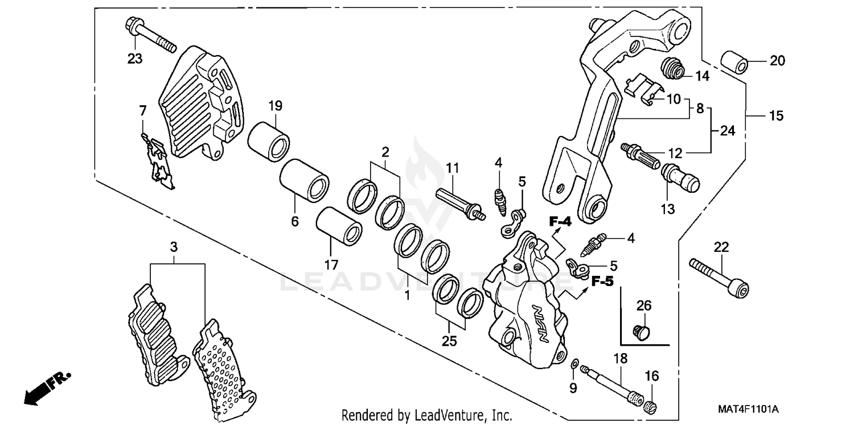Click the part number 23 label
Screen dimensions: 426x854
(134, 59)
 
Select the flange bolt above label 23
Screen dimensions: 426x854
(149, 35)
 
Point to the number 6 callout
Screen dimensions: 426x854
(295, 221)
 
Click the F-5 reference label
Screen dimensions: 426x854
(602, 281)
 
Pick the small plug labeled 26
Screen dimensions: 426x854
(643, 332)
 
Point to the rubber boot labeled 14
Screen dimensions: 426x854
(672, 69)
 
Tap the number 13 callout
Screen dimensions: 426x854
(668, 209)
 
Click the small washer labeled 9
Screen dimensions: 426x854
(574, 363)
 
